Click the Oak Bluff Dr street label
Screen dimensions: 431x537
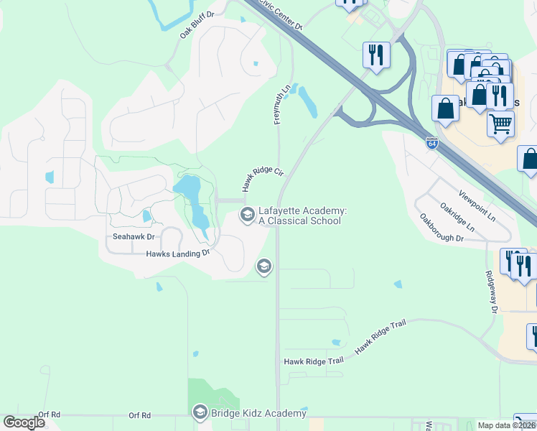tap(197, 24)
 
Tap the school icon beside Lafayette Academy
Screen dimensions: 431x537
tap(247, 214)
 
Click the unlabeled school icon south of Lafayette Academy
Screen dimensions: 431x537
tap(263, 267)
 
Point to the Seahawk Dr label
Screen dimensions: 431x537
tap(134, 236)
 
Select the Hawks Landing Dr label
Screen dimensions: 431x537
tap(177, 253)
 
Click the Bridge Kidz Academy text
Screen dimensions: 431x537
tap(259, 412)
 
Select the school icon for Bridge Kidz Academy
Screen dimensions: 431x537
tap(200, 412)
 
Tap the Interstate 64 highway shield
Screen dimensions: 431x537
tap(431, 143)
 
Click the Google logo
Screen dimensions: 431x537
tap(24, 422)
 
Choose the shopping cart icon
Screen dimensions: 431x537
tap(500, 123)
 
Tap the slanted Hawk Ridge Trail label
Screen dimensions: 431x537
tap(380, 335)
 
